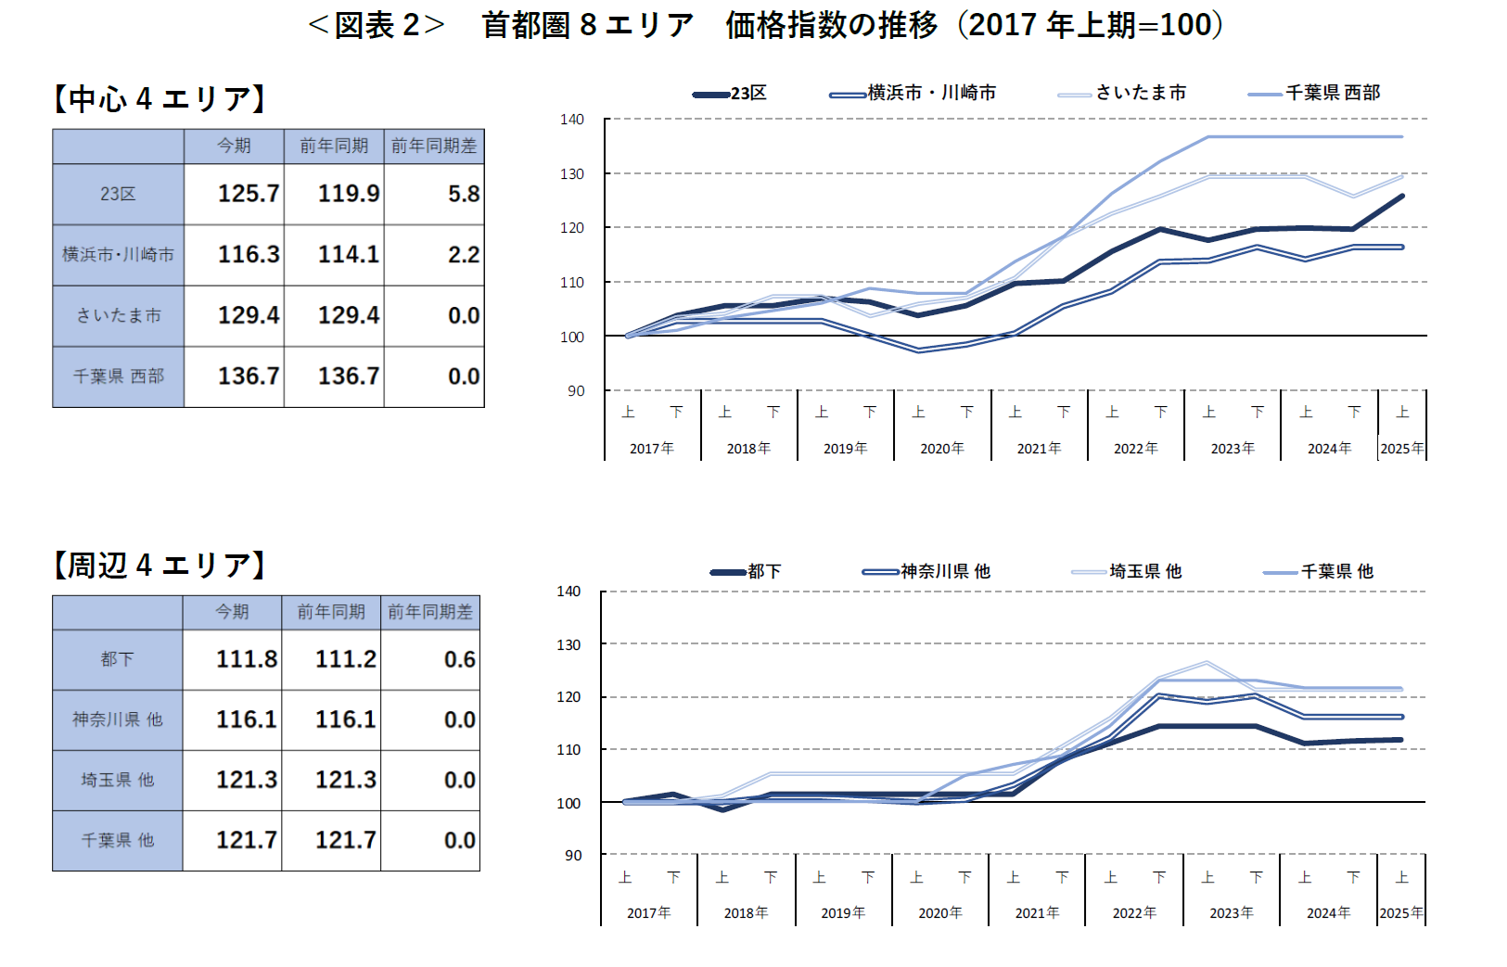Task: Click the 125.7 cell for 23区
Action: click(248, 194)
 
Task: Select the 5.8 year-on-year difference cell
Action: click(463, 194)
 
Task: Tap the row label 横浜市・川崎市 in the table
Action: click(118, 255)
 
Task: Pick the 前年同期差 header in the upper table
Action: click(433, 146)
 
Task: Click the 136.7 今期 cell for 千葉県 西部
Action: click(248, 376)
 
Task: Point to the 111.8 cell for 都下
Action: click(246, 659)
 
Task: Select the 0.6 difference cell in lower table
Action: click(459, 659)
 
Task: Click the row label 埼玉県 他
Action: click(118, 780)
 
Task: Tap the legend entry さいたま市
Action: click(1140, 93)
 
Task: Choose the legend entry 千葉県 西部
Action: click(1332, 93)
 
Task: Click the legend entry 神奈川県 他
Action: click(945, 571)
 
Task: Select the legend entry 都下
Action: click(763, 571)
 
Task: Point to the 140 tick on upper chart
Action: click(572, 120)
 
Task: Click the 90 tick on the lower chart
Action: click(573, 856)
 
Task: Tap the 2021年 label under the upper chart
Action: click(1039, 449)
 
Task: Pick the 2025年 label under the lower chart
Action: click(1400, 913)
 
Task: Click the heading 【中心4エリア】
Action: click(160, 98)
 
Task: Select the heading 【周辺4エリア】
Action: click(160, 565)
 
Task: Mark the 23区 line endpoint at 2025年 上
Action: click(1401, 196)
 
